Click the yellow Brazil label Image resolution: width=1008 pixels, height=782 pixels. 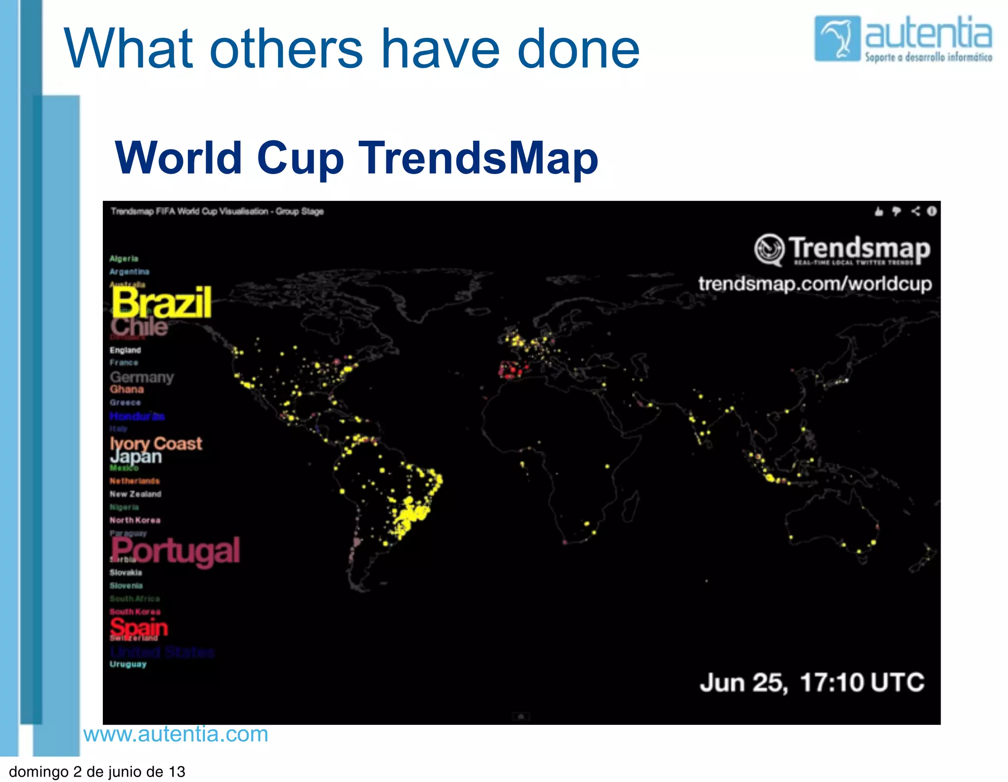161,302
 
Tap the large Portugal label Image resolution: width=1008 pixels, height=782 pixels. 175,551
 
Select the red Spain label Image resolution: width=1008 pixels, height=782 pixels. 139,627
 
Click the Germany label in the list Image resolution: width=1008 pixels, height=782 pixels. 142,377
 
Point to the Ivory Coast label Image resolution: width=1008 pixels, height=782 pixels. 156,443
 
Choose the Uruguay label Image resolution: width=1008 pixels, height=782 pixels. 128,664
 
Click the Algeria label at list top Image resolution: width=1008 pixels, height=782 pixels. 124,258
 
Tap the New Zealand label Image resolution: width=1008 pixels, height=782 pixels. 135,494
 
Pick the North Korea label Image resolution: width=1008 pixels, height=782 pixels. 135,520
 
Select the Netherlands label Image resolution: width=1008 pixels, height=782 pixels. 134,481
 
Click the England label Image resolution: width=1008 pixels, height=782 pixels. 125,350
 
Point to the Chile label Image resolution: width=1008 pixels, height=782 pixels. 139,326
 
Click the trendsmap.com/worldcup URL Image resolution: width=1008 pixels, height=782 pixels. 815,284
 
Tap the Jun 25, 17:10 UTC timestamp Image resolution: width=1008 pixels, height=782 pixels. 812,682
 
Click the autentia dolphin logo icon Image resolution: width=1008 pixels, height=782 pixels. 837,38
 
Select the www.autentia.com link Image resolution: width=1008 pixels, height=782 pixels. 176,734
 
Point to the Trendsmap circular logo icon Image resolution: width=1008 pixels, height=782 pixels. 769,249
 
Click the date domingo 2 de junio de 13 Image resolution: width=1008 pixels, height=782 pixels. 97,771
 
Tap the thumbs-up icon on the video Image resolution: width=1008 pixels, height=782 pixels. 879,212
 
